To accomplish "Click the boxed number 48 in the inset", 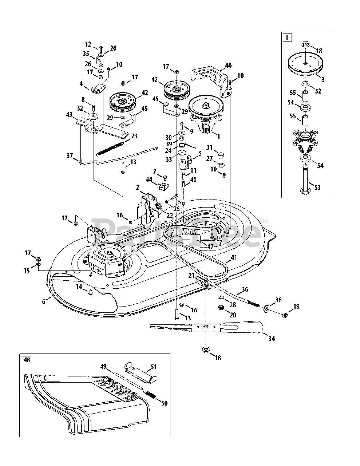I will tap(27, 360).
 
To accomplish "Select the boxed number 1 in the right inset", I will tap(287, 37).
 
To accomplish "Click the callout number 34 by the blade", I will tap(272, 339).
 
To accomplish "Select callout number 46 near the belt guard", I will tap(228, 66).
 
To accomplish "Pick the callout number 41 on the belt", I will tap(233, 258).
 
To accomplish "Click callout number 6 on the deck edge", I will tap(44, 301).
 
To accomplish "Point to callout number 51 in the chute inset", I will tap(154, 367).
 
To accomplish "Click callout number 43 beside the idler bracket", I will tap(69, 114).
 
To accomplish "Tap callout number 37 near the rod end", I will tap(70, 156).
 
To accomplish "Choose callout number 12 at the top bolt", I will tap(88, 44).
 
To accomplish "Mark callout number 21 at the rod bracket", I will tap(191, 276).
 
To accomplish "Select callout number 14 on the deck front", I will tap(79, 287).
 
